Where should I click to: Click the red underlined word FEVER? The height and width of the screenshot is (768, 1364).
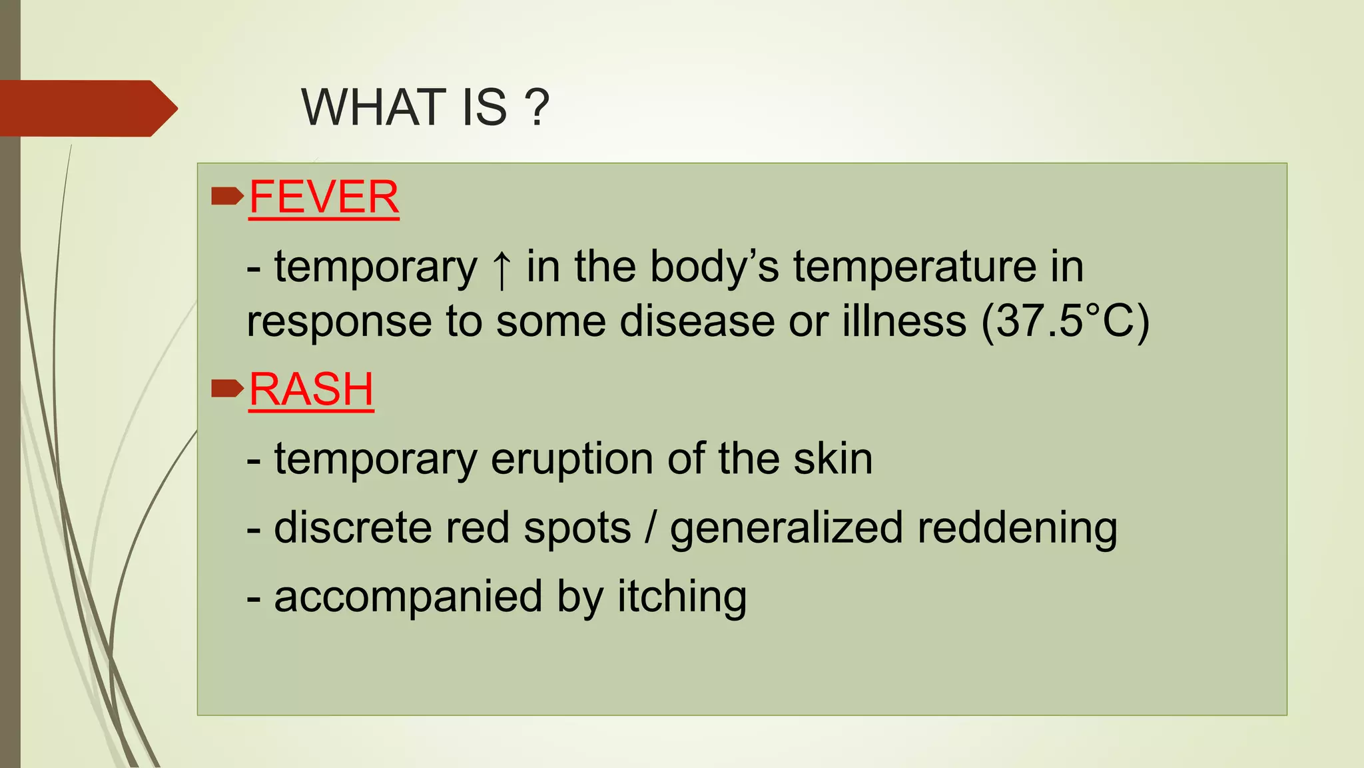pos(324,197)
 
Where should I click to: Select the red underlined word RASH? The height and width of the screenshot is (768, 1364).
pos(311,389)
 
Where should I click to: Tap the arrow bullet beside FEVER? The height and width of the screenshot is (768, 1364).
pos(227,197)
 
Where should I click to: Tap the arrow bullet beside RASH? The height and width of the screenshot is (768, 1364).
pos(227,389)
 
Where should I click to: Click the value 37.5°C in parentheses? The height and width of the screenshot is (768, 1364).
pos(1066,321)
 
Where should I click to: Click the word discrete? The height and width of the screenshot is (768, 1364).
pos(352,527)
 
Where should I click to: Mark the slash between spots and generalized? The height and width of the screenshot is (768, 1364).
pos(650,528)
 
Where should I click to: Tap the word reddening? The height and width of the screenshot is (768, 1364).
pos(1017,528)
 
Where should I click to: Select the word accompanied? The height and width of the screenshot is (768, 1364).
pos(408,597)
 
